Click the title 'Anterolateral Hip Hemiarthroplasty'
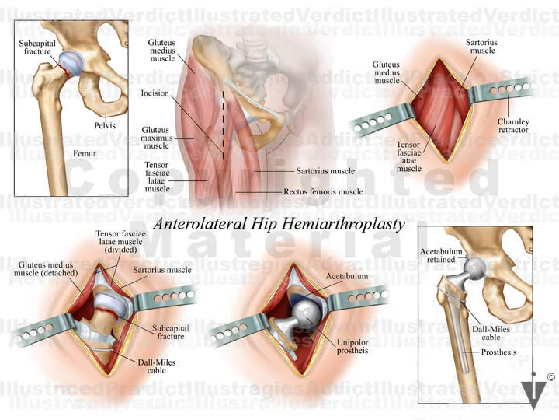pyautogui.click(x=279, y=224)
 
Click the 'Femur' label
pyautogui.click(x=85, y=154)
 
